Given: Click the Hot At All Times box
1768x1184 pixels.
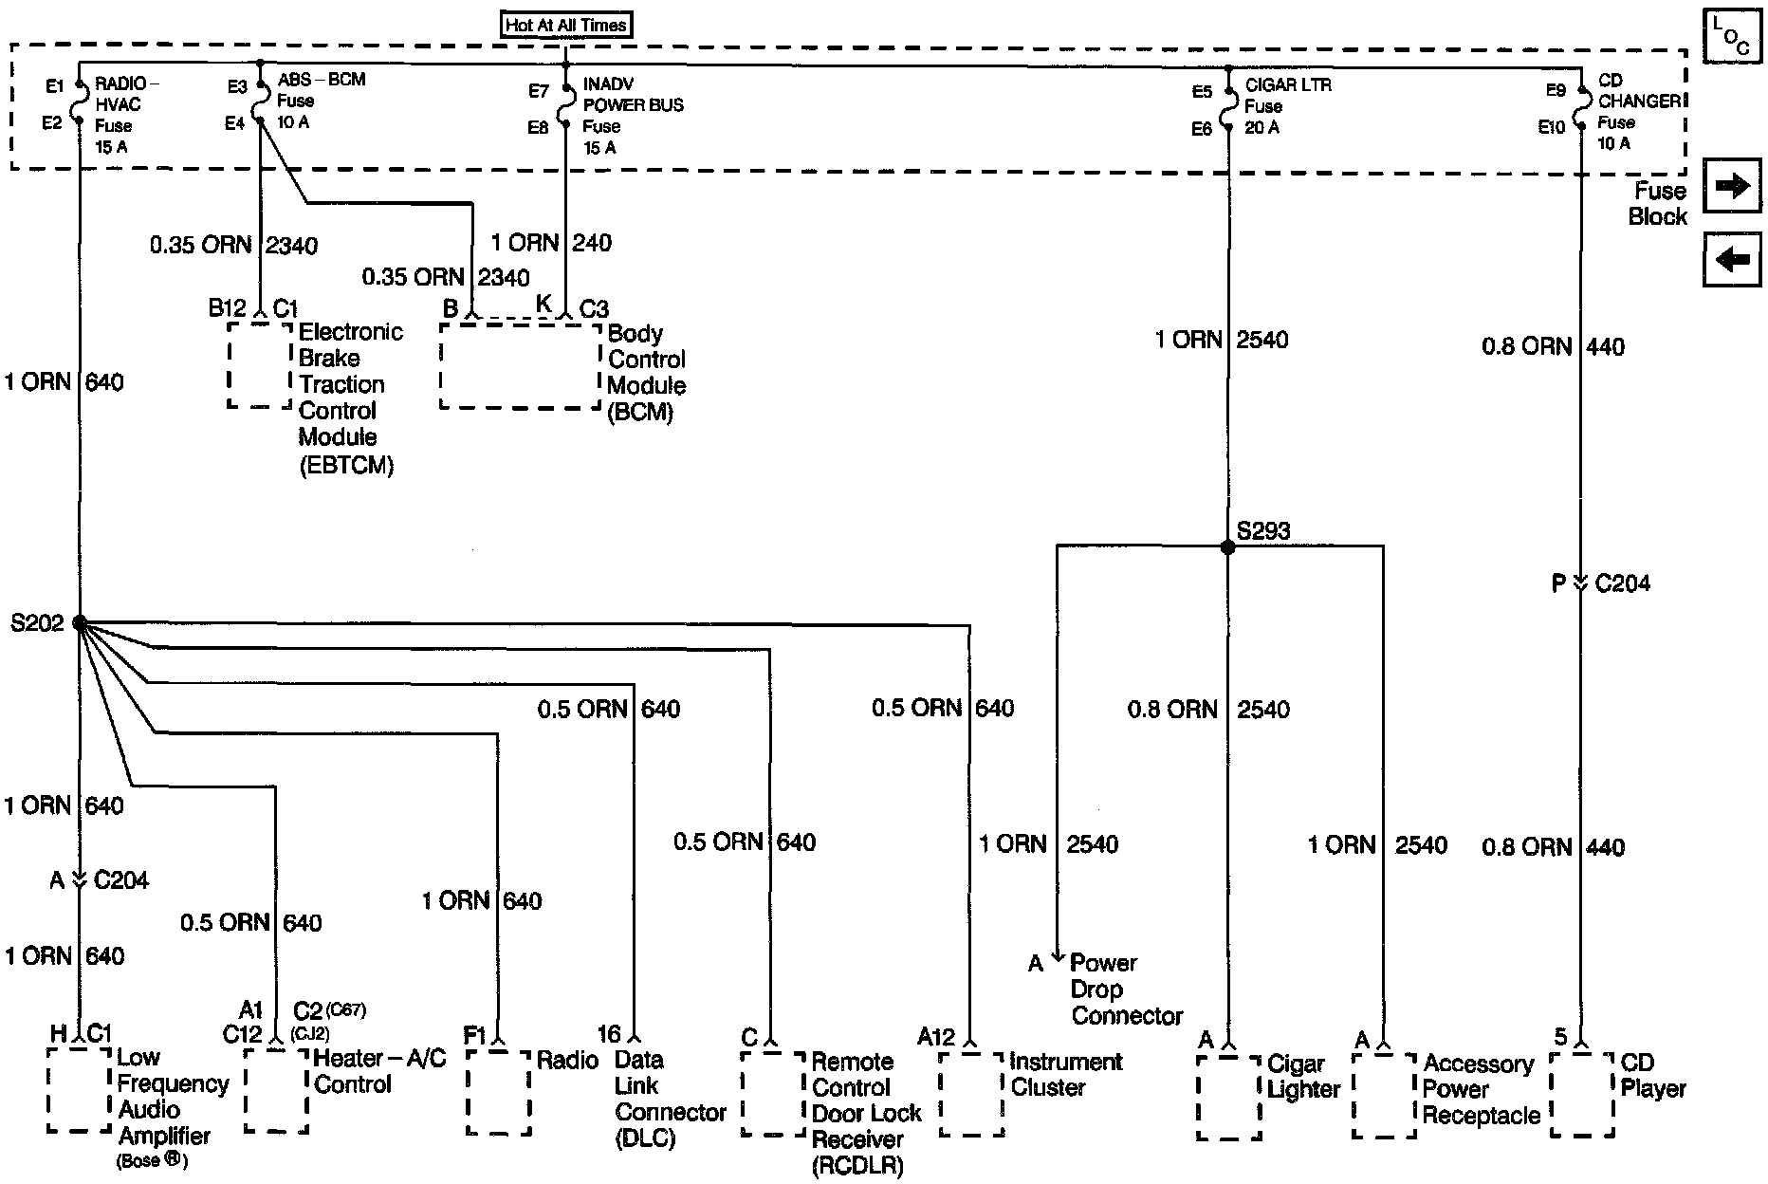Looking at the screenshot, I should [566, 25].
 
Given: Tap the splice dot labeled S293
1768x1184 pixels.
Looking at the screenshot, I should [1228, 547].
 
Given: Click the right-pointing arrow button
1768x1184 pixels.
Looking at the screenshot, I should [1732, 186].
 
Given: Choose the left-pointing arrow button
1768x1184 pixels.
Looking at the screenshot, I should [1732, 258].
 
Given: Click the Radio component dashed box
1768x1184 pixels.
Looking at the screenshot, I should [498, 1092].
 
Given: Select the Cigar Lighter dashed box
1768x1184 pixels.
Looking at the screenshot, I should [1229, 1097].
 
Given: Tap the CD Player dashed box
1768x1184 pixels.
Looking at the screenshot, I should [1582, 1094].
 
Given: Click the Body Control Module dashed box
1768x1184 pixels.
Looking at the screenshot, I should [521, 366].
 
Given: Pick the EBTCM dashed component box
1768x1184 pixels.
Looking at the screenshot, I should [260, 365].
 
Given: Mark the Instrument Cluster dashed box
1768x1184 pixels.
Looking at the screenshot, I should [971, 1094].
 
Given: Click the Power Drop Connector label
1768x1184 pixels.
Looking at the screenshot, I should [1126, 990].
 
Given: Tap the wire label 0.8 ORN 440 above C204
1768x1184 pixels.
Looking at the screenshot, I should [1553, 346].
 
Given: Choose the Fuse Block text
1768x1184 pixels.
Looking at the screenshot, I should [1657, 204].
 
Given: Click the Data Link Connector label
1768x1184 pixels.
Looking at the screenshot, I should [670, 1099].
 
